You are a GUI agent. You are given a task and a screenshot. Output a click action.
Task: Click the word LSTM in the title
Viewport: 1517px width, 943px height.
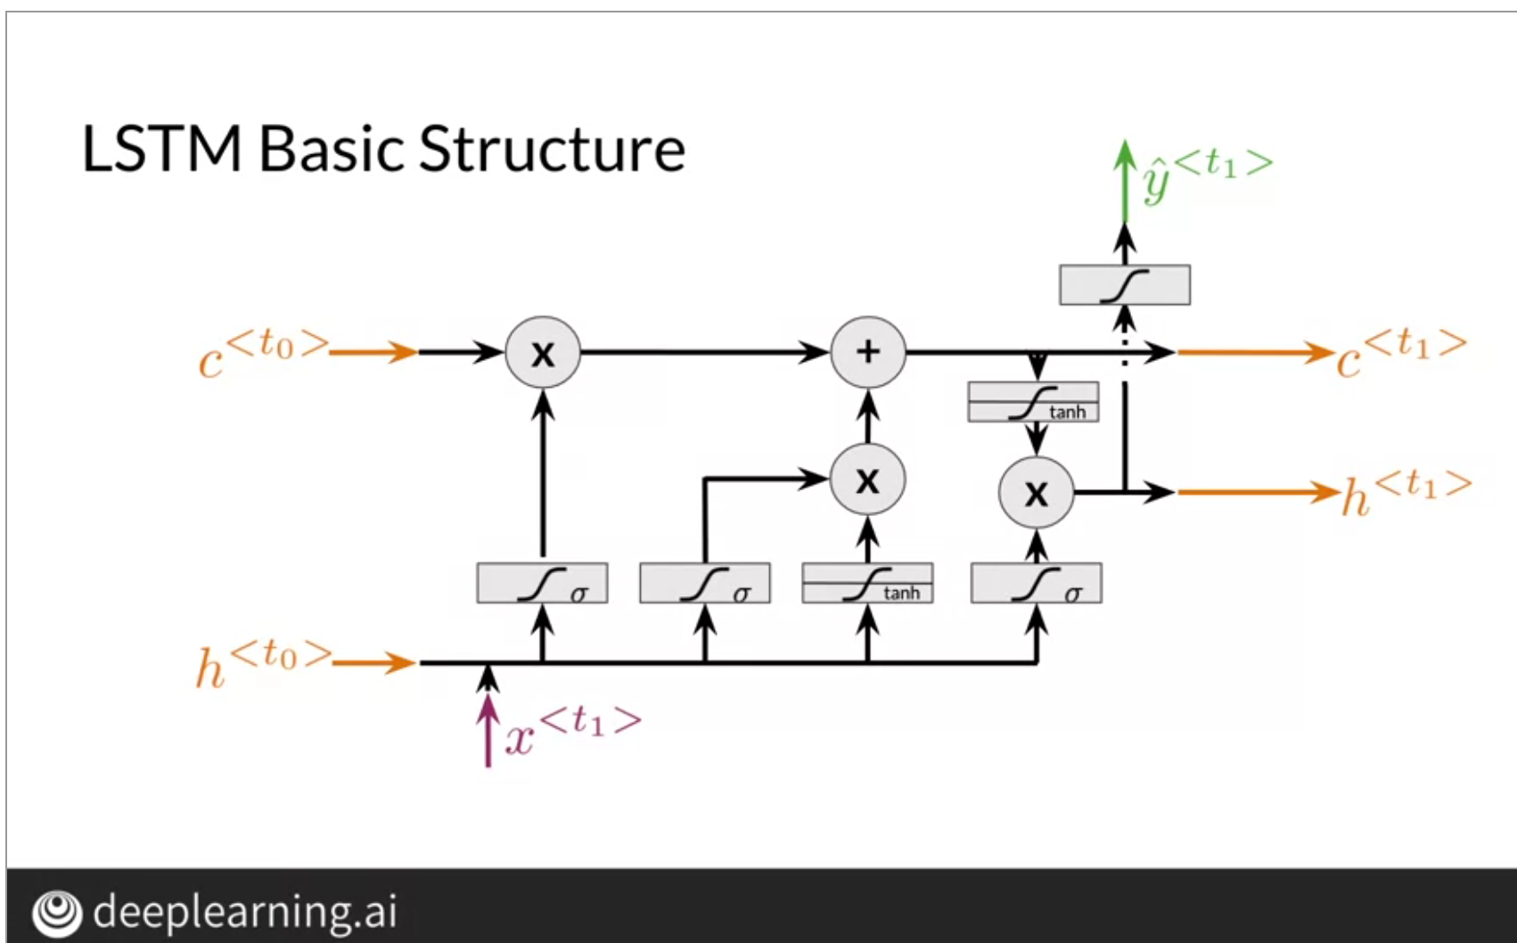tap(161, 149)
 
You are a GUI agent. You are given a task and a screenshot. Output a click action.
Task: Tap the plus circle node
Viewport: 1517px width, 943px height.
tap(867, 352)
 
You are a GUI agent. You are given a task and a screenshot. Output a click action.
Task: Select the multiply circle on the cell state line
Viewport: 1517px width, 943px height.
tap(543, 352)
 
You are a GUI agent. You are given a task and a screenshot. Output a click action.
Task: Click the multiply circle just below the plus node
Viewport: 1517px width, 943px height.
tap(867, 480)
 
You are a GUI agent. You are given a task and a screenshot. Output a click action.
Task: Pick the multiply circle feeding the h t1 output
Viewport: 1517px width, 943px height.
tap(1036, 493)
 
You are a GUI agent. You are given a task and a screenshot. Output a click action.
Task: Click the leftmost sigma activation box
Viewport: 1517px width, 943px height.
tap(542, 584)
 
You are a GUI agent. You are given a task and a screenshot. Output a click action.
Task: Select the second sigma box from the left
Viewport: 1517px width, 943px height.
tap(705, 584)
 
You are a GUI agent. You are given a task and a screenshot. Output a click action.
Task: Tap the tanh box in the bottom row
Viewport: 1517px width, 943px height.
tap(867, 584)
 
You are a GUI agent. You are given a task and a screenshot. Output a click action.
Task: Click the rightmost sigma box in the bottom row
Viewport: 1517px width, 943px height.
tap(1036, 584)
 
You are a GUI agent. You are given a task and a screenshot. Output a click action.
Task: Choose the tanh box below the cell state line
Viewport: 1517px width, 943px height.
tap(1033, 402)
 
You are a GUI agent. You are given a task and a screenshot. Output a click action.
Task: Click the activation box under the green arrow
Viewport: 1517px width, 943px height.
tap(1124, 285)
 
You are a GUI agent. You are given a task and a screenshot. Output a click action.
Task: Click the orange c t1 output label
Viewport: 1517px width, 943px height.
tap(1400, 353)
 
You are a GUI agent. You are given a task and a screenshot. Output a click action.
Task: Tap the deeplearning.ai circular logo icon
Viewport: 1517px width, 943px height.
tap(56, 913)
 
